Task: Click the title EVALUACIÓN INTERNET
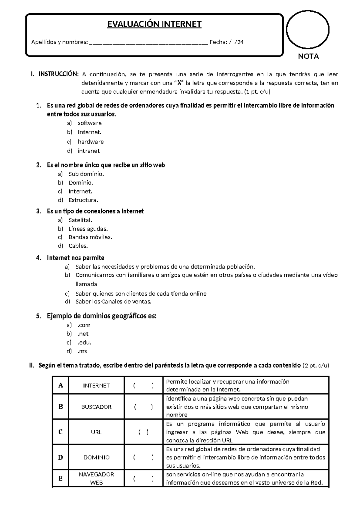(x=154, y=24)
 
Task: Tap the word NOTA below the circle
(x=308, y=56)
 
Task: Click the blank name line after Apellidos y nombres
(x=148, y=43)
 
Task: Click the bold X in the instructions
(x=179, y=83)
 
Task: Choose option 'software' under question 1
(x=89, y=123)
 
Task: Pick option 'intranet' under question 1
(x=88, y=151)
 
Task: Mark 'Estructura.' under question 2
(x=83, y=200)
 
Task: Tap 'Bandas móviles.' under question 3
(x=90, y=237)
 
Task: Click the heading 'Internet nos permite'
(x=76, y=258)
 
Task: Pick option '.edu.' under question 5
(x=84, y=342)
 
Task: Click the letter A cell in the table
(x=61, y=385)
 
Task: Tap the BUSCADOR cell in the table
(x=96, y=407)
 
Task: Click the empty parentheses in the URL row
(x=143, y=432)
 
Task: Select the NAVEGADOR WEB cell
(x=96, y=478)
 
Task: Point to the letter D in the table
(x=61, y=457)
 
